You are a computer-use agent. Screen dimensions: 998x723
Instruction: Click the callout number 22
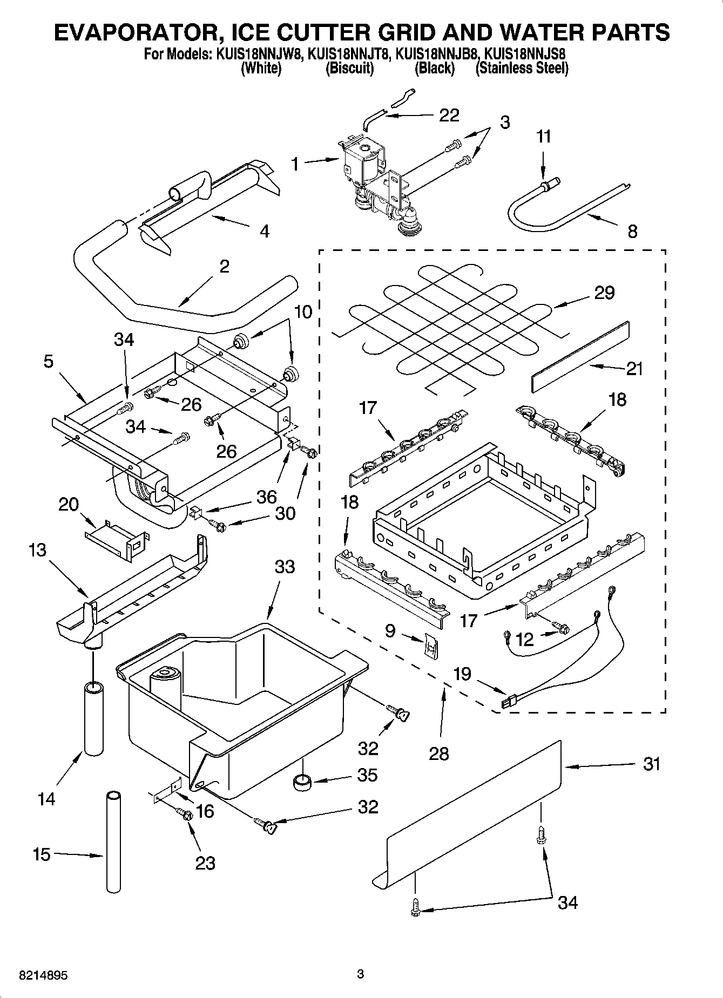coord(449,115)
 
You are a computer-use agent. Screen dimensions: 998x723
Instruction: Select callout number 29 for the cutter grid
coord(604,293)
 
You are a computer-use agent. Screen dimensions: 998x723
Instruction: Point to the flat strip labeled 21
coord(580,357)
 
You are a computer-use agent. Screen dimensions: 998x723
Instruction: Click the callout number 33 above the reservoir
coord(285,567)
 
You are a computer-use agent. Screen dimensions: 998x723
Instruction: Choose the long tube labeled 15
coord(113,842)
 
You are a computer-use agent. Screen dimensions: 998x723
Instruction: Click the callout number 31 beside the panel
coord(652,764)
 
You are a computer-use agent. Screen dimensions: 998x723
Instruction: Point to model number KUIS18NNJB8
coord(436,55)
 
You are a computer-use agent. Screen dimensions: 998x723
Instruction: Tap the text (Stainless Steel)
coord(522,69)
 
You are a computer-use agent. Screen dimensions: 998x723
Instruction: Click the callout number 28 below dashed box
coord(438,753)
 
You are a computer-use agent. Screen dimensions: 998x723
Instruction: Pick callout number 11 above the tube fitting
coord(544,137)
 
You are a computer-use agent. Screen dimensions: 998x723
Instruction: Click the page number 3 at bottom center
coord(361,974)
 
